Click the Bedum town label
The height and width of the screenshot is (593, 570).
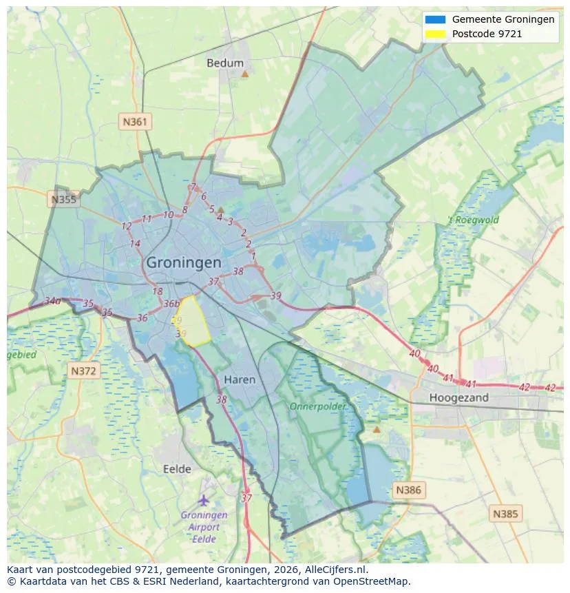[x=225, y=63]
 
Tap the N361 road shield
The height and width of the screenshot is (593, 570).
[x=135, y=122]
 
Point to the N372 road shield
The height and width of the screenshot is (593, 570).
[x=85, y=371]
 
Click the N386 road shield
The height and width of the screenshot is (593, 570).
[x=408, y=490]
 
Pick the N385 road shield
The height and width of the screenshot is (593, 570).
[x=506, y=513]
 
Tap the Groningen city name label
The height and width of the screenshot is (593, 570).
[x=184, y=262]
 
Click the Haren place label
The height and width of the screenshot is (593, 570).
[x=240, y=379]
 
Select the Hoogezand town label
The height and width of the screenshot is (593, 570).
[x=458, y=397]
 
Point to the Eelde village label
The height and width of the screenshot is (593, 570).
[x=177, y=469]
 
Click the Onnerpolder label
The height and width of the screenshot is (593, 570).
[x=317, y=406]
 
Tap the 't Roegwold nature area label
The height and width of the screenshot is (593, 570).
[x=473, y=220]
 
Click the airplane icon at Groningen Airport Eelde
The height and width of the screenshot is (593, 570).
[x=203, y=499]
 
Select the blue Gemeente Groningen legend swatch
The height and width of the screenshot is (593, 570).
[x=436, y=20]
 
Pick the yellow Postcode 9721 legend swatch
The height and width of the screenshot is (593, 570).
[x=436, y=34]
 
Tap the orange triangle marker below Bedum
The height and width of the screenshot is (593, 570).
[x=244, y=73]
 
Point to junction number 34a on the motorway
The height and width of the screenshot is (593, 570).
[x=52, y=301]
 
